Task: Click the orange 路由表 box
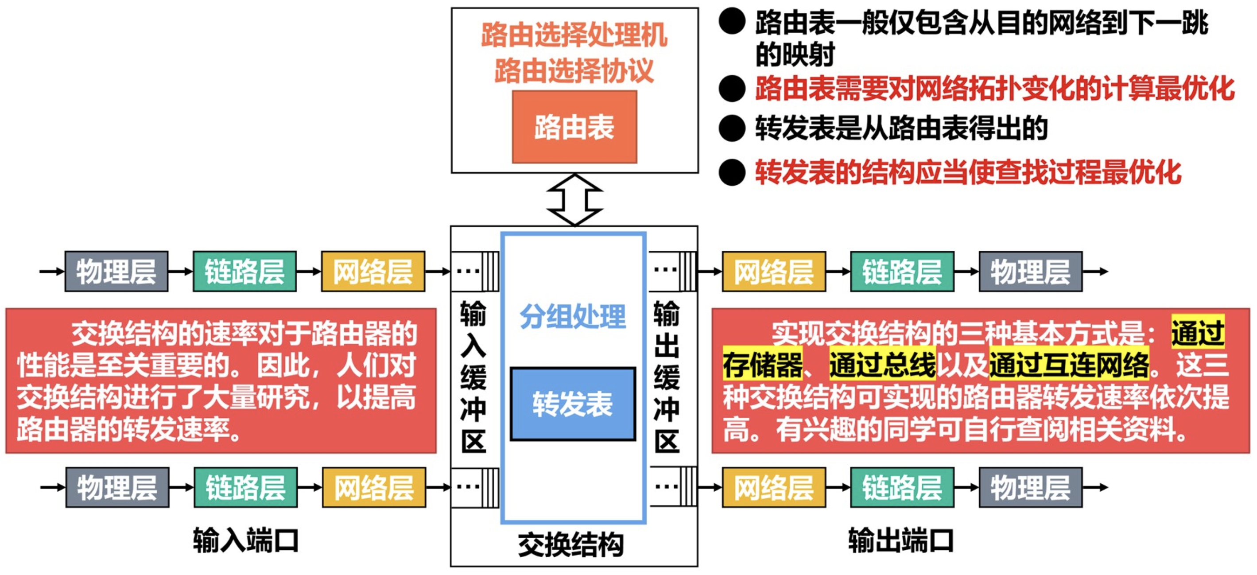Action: (574, 127)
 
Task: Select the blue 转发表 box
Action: (572, 404)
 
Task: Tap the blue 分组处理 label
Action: (572, 316)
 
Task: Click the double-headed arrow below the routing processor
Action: (574, 200)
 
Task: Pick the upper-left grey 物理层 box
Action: (116, 272)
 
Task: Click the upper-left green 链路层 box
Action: (244, 272)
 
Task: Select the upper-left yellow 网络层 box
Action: (373, 272)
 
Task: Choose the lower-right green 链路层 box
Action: (902, 487)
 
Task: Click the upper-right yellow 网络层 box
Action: (774, 272)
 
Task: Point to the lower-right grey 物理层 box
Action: (1031, 487)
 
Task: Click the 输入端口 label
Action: (245, 540)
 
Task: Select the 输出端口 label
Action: (901, 540)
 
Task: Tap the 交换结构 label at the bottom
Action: (571, 544)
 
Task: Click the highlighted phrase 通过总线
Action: (882, 365)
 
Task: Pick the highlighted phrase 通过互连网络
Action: (1069, 365)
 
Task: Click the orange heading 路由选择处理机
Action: (574, 35)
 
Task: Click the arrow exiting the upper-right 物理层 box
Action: (1096, 272)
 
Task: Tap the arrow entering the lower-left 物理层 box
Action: (53, 487)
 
